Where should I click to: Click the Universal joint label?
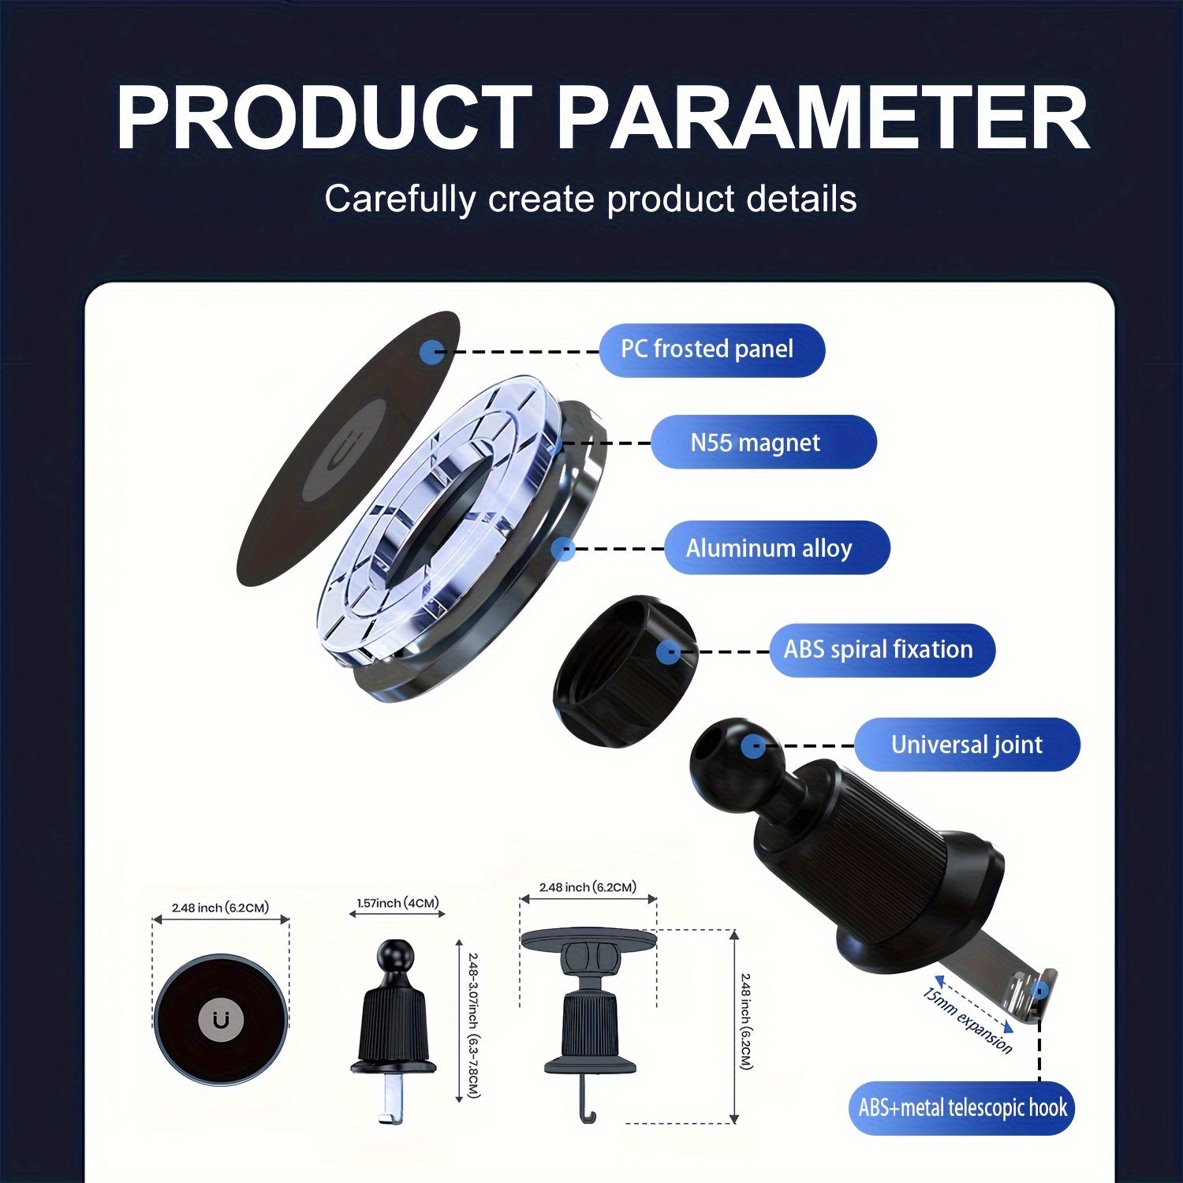(x=967, y=745)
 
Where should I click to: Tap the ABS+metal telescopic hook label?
(x=962, y=1108)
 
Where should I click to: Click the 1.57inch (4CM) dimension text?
(x=398, y=903)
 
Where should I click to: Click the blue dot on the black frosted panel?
(x=431, y=352)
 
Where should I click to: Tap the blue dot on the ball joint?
(x=754, y=745)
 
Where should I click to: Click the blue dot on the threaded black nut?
(x=668, y=651)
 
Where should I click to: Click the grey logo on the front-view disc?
(x=221, y=1020)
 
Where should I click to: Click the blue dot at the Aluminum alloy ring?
(x=562, y=549)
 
